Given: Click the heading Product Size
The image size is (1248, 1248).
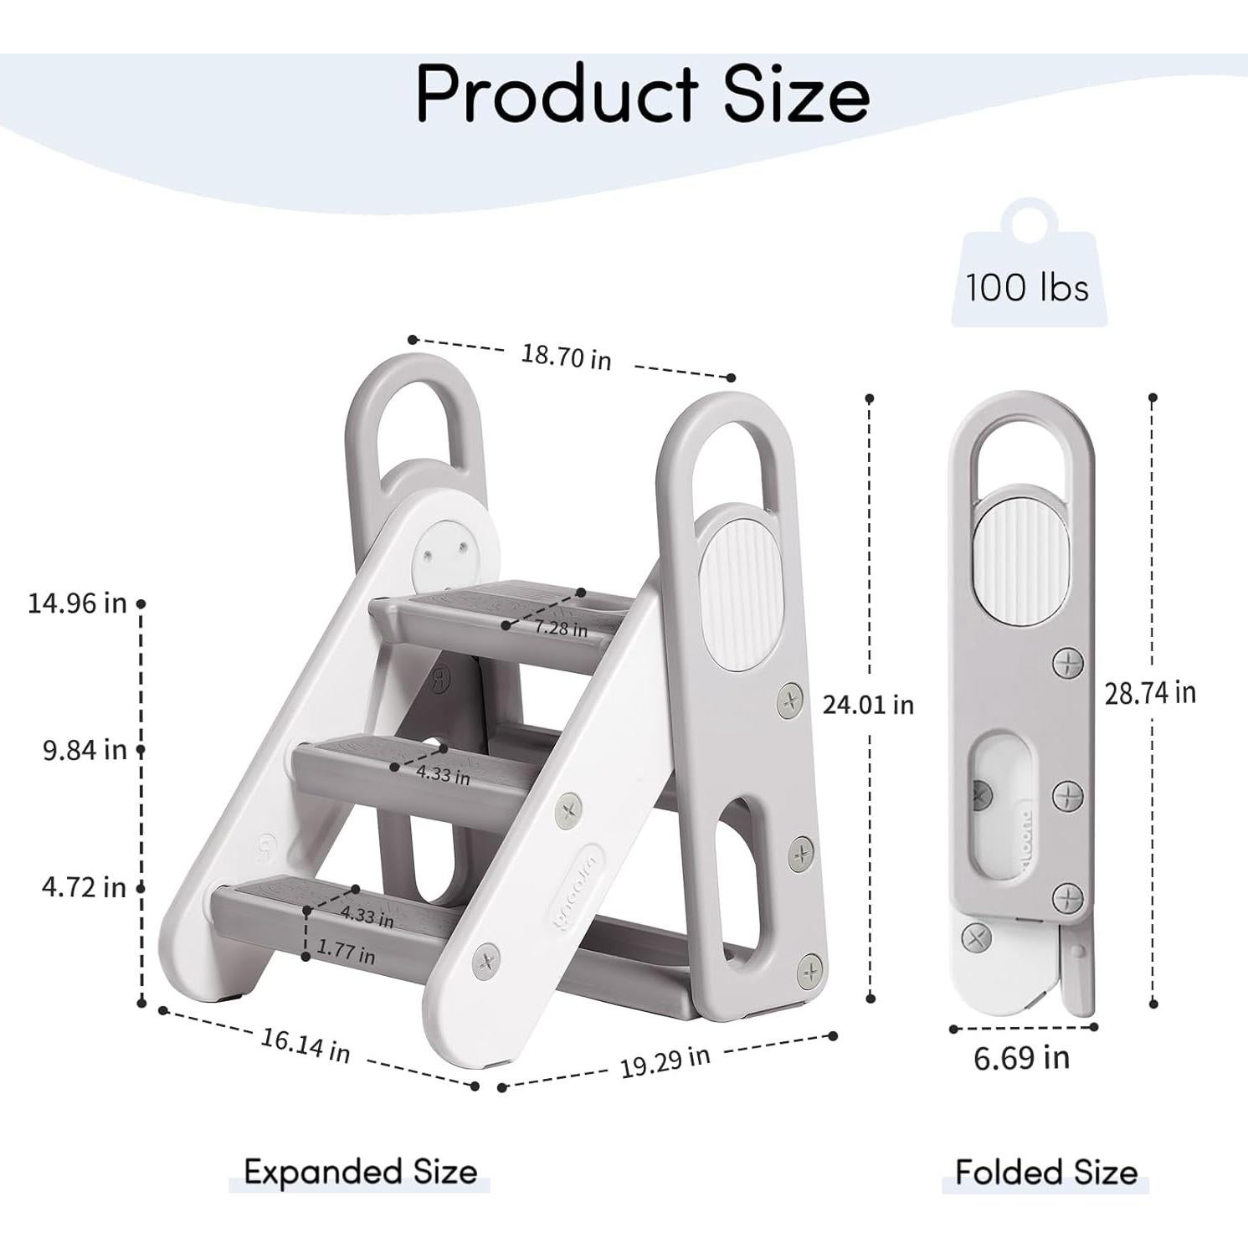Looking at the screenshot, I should [x=642, y=94].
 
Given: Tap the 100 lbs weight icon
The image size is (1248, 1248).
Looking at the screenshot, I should [x=1026, y=268].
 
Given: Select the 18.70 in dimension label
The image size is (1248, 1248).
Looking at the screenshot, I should [x=566, y=356].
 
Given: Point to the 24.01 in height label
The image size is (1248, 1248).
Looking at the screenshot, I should [x=868, y=705].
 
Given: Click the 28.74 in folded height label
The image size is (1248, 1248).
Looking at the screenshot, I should [x=1150, y=693].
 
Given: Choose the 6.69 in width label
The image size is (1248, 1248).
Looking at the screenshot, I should [x=1021, y=1058].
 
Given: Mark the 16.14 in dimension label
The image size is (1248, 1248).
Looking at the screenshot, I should [x=305, y=1045].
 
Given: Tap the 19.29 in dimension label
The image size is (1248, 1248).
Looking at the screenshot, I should [x=665, y=1061].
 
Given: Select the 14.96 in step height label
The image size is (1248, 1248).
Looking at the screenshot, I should [x=77, y=603].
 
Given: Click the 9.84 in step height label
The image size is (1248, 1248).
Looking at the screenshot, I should [x=85, y=749].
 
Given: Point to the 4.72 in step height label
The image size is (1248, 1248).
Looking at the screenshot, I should [x=84, y=886].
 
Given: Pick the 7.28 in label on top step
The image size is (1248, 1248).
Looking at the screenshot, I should [x=562, y=628].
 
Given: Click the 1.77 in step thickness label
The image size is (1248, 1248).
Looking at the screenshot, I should [x=346, y=952].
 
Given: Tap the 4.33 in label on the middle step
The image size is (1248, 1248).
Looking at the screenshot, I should [x=443, y=774].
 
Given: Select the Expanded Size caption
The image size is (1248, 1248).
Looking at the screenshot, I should [x=360, y=1172].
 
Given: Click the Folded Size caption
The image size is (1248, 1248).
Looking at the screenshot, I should [x=1045, y=1172].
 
